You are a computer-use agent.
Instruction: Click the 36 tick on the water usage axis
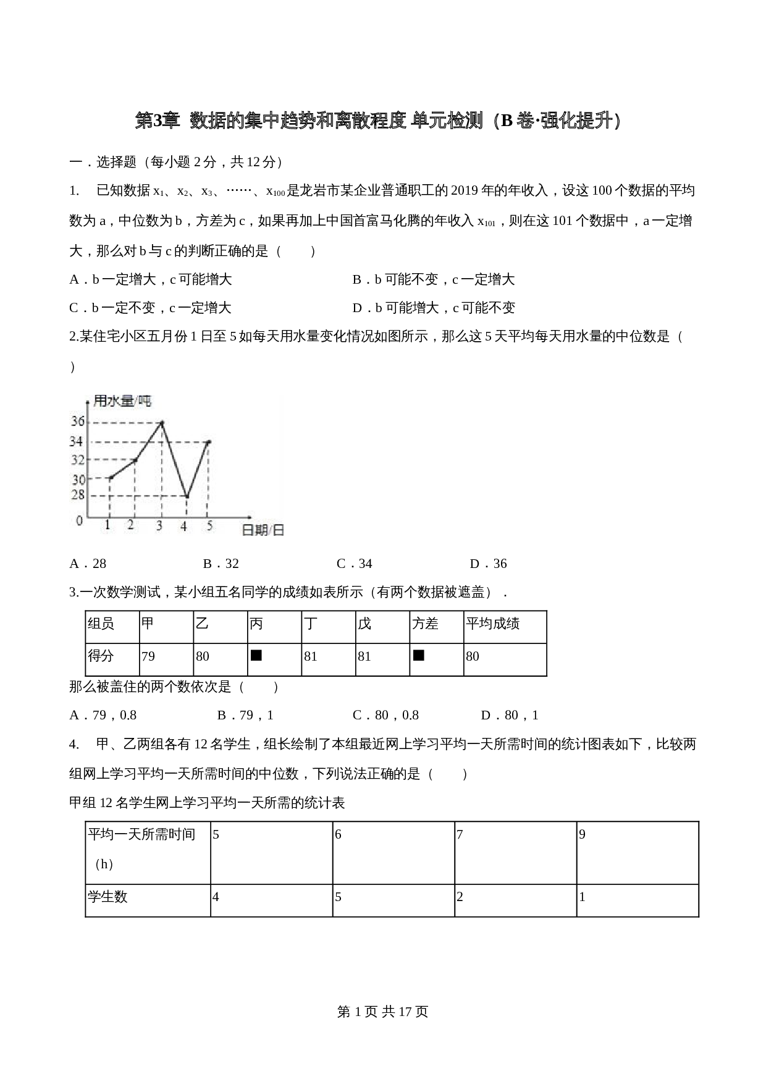point(78,421)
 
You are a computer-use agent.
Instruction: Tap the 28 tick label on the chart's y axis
point(78,495)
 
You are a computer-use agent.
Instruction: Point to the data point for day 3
point(161,423)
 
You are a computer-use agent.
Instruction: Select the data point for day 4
point(187,496)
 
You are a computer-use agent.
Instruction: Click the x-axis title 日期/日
point(263,530)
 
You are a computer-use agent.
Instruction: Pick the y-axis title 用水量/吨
point(122,401)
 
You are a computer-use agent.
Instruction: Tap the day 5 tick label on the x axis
point(209,526)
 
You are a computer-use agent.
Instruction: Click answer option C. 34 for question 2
point(355,564)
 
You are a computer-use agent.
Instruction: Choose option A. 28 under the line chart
point(88,564)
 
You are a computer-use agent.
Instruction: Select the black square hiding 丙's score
point(256,655)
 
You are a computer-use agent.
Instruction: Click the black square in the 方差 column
point(419,655)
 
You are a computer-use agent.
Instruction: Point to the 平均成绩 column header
point(493,624)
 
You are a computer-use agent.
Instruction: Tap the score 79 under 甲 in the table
point(148,656)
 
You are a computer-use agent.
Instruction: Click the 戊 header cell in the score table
point(364,624)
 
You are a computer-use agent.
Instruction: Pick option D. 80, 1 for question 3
point(510,715)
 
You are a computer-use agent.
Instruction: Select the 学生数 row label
point(108,897)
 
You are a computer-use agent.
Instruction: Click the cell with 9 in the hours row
point(583,834)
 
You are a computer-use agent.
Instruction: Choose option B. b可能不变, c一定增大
point(434,279)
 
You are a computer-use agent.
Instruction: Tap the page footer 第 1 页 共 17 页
point(383,1012)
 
